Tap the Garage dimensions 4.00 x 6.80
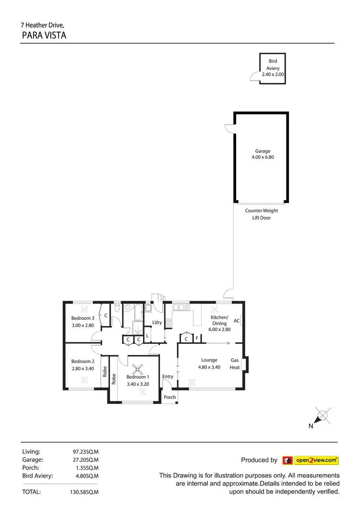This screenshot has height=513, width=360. (x=263, y=157)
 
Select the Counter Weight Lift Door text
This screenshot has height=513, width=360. (x=261, y=214)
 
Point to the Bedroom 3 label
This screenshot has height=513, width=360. (x=83, y=318)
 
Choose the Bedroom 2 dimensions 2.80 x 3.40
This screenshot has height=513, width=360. (x=83, y=369)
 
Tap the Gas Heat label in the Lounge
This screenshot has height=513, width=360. (x=235, y=363)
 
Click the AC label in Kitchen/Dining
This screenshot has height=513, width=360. (x=237, y=321)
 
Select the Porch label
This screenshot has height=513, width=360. (x=170, y=397)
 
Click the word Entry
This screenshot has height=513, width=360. (x=168, y=377)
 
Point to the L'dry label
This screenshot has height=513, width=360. (x=157, y=322)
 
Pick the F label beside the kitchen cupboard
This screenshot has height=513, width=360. (x=197, y=339)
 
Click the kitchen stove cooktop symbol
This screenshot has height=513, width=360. (x=169, y=324)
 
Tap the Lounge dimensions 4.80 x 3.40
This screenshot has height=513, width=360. (x=209, y=367)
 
